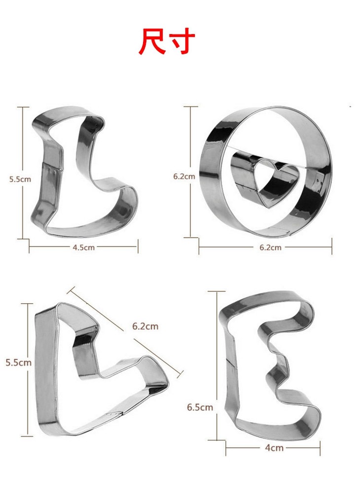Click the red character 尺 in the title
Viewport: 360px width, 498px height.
click(150, 41)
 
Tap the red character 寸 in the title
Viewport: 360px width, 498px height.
click(181, 41)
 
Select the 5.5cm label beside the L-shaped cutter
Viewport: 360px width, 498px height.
click(20, 179)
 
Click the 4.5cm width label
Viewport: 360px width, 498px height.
click(84, 248)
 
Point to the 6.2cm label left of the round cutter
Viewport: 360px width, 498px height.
click(184, 177)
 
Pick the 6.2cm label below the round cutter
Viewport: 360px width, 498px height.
click(270, 248)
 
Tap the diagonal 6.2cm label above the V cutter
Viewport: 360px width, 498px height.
click(145, 326)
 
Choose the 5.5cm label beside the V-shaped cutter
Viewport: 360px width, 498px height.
click(18, 362)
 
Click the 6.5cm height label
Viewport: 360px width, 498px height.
click(200, 407)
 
